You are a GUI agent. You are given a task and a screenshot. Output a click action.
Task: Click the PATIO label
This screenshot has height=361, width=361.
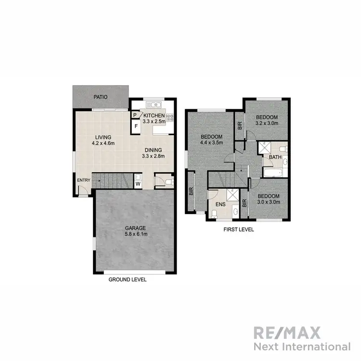[x=101, y=97]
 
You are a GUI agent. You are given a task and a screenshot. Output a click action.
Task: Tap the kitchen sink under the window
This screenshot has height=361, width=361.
[x=155, y=104]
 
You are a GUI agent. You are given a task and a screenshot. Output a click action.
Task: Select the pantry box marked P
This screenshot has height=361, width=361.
[x=135, y=116]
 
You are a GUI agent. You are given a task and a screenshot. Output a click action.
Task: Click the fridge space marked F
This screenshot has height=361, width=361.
[x=136, y=126]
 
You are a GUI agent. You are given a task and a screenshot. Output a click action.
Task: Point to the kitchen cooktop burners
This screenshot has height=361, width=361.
[x=169, y=117]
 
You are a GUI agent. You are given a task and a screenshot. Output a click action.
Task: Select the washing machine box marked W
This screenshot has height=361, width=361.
[x=138, y=183]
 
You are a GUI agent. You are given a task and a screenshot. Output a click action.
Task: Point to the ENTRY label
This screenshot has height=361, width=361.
[x=83, y=180]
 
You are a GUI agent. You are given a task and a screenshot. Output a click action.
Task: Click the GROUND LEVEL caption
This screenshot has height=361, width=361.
[x=128, y=280]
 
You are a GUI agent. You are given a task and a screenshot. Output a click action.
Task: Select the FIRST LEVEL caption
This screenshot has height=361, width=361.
[x=238, y=230]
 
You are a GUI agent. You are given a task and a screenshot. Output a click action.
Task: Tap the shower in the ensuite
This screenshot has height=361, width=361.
[x=232, y=195]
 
